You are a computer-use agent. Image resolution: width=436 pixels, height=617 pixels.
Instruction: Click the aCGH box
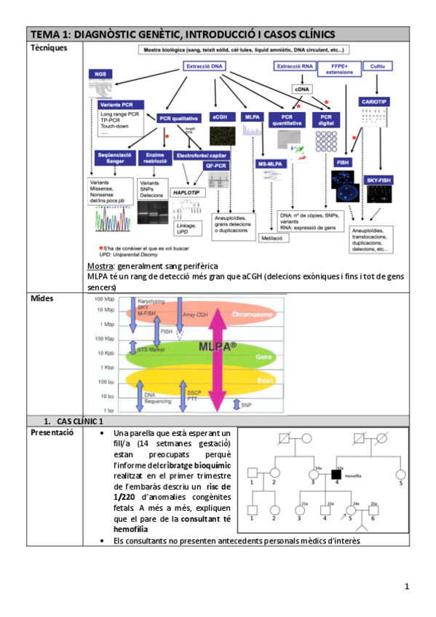(219, 116)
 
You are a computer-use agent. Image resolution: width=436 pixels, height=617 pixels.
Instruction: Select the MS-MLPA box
(271, 165)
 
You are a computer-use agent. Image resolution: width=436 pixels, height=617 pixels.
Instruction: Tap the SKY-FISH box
(377, 179)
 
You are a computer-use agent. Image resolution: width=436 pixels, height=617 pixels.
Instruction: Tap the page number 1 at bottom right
(407, 586)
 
